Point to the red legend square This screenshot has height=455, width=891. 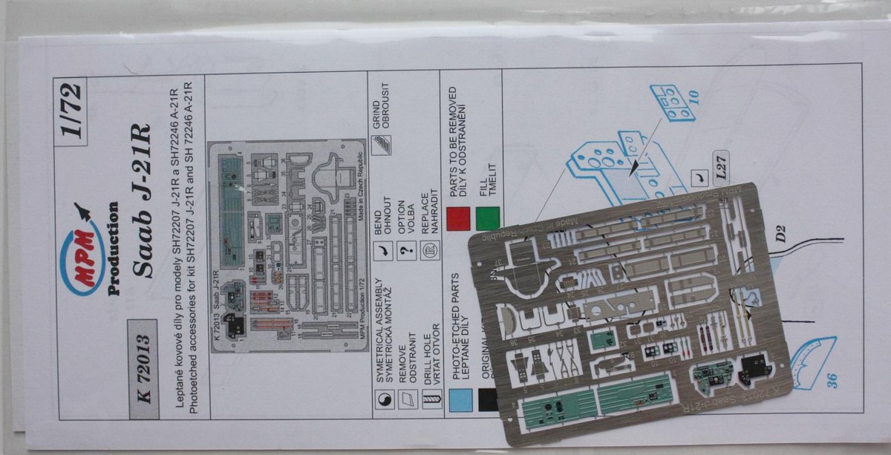(459, 220)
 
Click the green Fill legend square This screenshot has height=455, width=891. (487, 220)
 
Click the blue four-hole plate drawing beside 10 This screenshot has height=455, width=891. (671, 102)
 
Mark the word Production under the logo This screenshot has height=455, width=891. (114, 249)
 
